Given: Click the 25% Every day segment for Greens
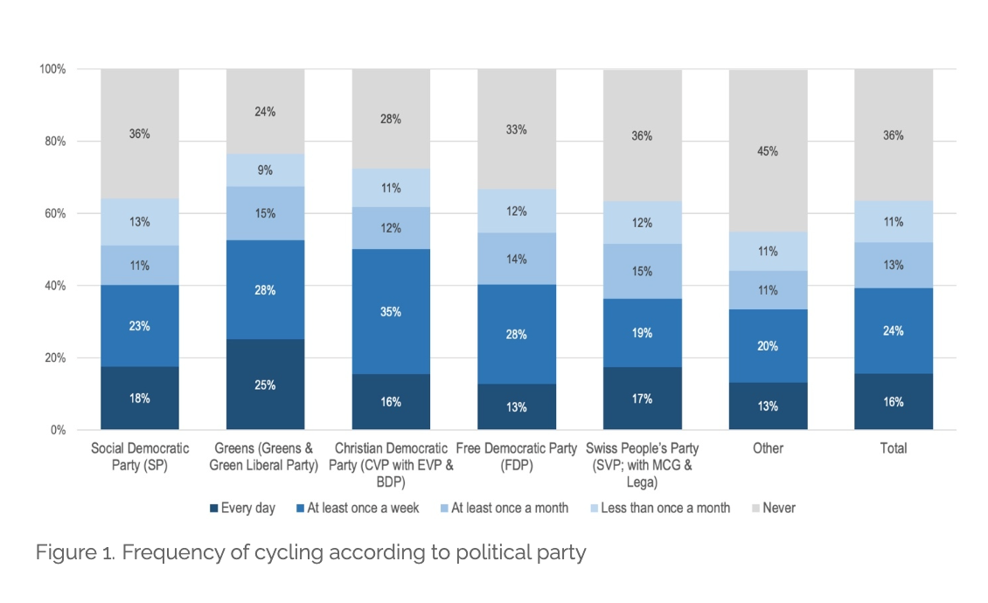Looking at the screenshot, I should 265,385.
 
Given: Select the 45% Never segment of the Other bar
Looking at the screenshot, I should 768,150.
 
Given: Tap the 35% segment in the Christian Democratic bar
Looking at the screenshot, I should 391,311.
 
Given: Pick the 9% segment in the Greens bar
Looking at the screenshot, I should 265,170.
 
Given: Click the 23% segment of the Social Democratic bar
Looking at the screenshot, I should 140,326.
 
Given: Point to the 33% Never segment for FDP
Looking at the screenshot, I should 517,129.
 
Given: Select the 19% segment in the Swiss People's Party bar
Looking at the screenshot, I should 642,333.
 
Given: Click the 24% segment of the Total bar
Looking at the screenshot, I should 893,331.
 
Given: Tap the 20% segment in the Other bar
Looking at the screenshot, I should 768,346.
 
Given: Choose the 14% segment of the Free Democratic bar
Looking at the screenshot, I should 517,259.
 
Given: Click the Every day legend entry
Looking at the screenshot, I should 242,508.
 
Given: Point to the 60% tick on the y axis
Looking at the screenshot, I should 53,213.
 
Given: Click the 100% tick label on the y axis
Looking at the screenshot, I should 51,69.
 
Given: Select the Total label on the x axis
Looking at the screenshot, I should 893,448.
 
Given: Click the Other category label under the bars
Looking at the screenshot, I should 768,448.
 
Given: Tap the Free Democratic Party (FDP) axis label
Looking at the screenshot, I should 517,456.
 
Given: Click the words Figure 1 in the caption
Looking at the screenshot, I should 69,553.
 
